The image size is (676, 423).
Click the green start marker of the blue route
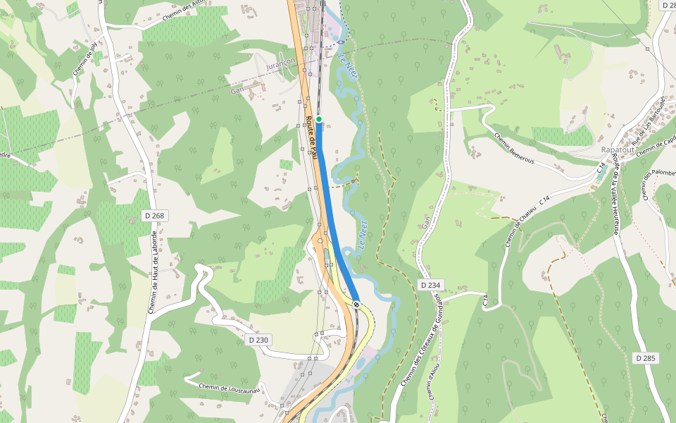coord(319,119)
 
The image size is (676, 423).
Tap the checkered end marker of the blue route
coord(358,305)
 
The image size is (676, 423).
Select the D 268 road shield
coord(158,215)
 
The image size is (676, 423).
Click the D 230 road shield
coord(258,340)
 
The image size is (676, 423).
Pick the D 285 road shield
coord(645,358)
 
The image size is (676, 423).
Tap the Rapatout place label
coord(618,150)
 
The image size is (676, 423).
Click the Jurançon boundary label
coord(282,65)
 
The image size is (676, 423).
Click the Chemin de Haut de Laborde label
coord(153,271)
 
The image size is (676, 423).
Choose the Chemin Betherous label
coord(513,149)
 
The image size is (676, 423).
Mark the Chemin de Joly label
coord(84,60)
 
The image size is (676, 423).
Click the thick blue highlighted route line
coord(329,211)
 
